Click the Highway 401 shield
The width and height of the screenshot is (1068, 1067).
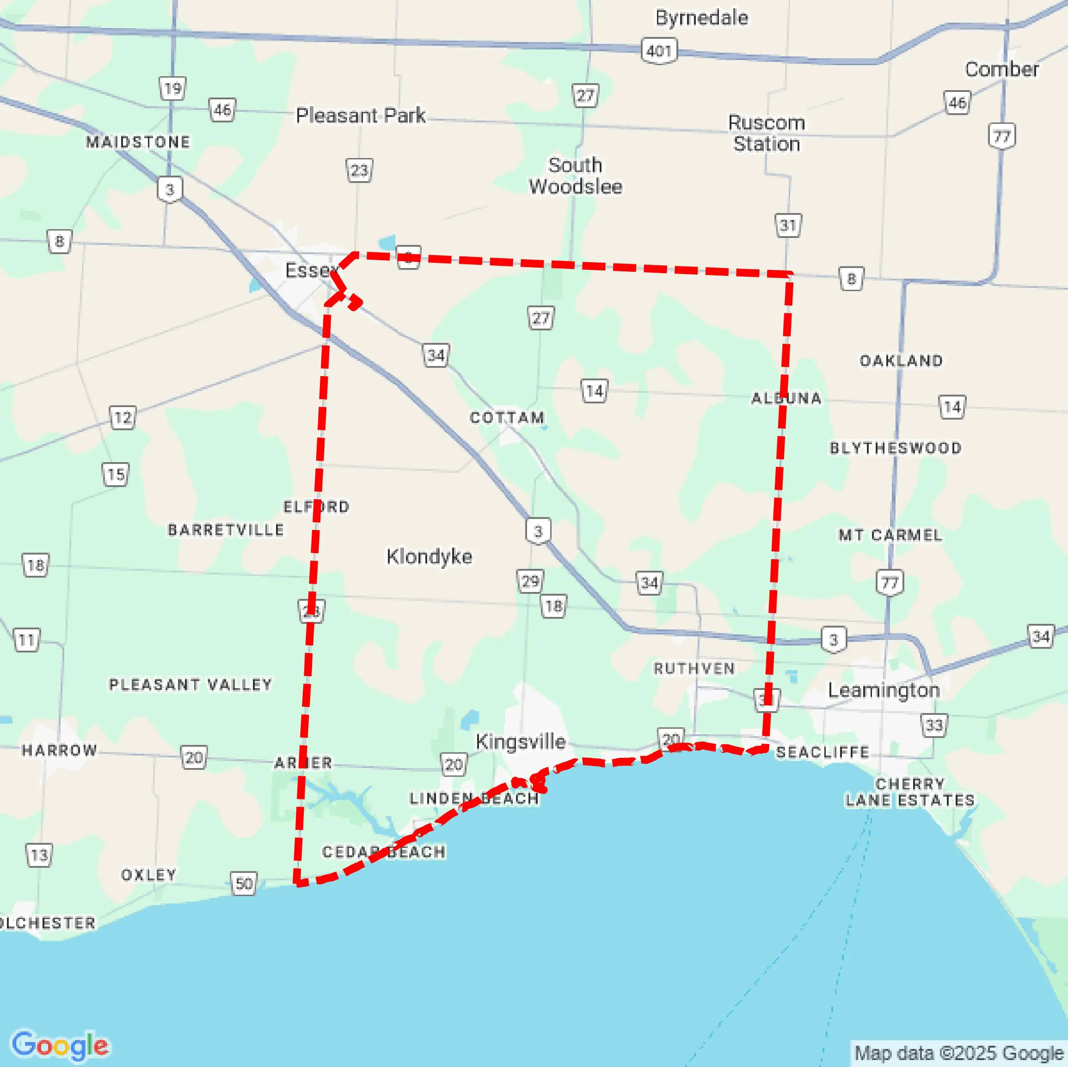[659, 51]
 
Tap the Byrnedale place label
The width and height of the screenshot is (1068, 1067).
[701, 18]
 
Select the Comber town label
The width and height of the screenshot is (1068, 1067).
[1002, 70]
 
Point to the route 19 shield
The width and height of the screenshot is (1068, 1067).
[172, 88]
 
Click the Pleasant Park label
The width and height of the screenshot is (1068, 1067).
[361, 116]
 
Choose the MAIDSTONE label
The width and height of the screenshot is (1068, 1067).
[138, 142]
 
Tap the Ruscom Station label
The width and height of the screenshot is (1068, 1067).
[766, 133]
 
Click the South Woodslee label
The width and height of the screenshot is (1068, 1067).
[575, 176]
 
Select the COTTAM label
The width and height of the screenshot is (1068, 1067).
[507, 418]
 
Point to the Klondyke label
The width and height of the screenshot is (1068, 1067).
[429, 556]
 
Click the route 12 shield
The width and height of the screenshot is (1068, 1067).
[123, 418]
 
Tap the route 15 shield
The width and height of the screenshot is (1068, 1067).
[116, 475]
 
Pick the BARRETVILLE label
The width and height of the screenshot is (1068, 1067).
[226, 530]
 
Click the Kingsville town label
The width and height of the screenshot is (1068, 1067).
[520, 742]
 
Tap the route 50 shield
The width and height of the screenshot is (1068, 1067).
[244, 884]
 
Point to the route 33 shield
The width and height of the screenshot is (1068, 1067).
[933, 725]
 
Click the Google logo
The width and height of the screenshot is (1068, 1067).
[60, 1045]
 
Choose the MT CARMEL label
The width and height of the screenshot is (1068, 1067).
[890, 535]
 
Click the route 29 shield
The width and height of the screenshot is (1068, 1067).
[529, 581]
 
